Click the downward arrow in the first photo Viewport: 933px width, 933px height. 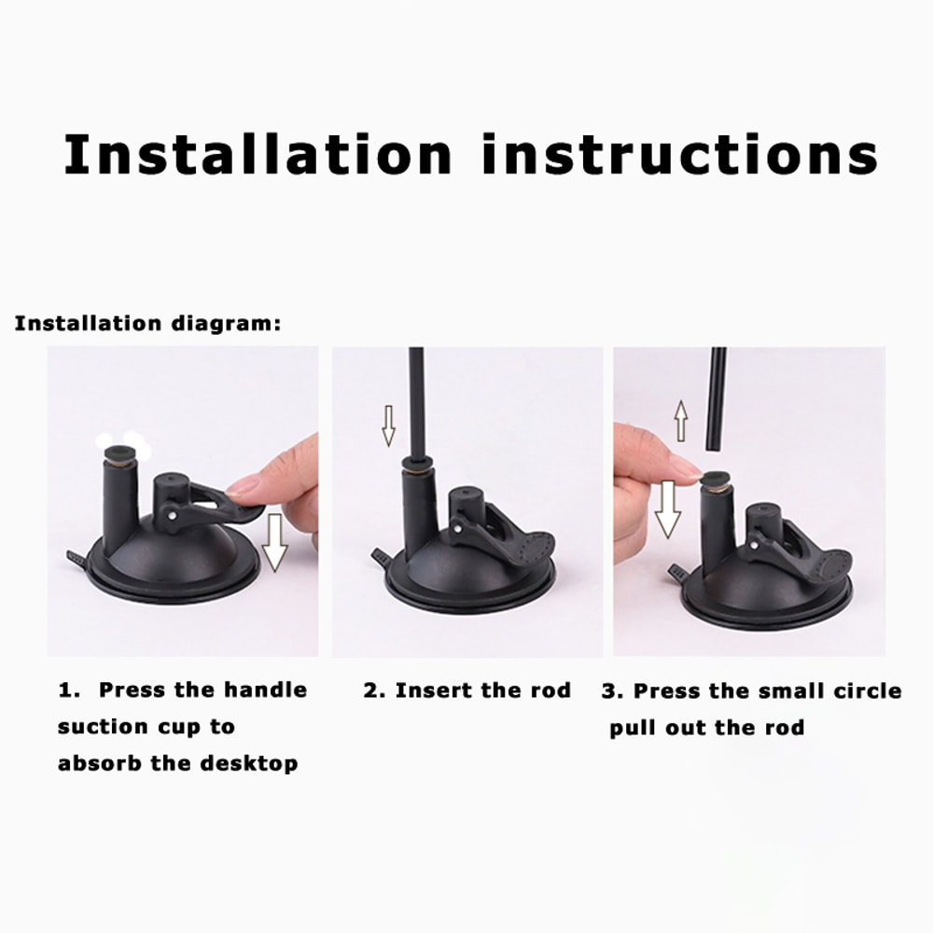pos(274,541)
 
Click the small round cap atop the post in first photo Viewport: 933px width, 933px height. pos(120,453)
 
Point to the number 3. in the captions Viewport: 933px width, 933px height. pos(612,691)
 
